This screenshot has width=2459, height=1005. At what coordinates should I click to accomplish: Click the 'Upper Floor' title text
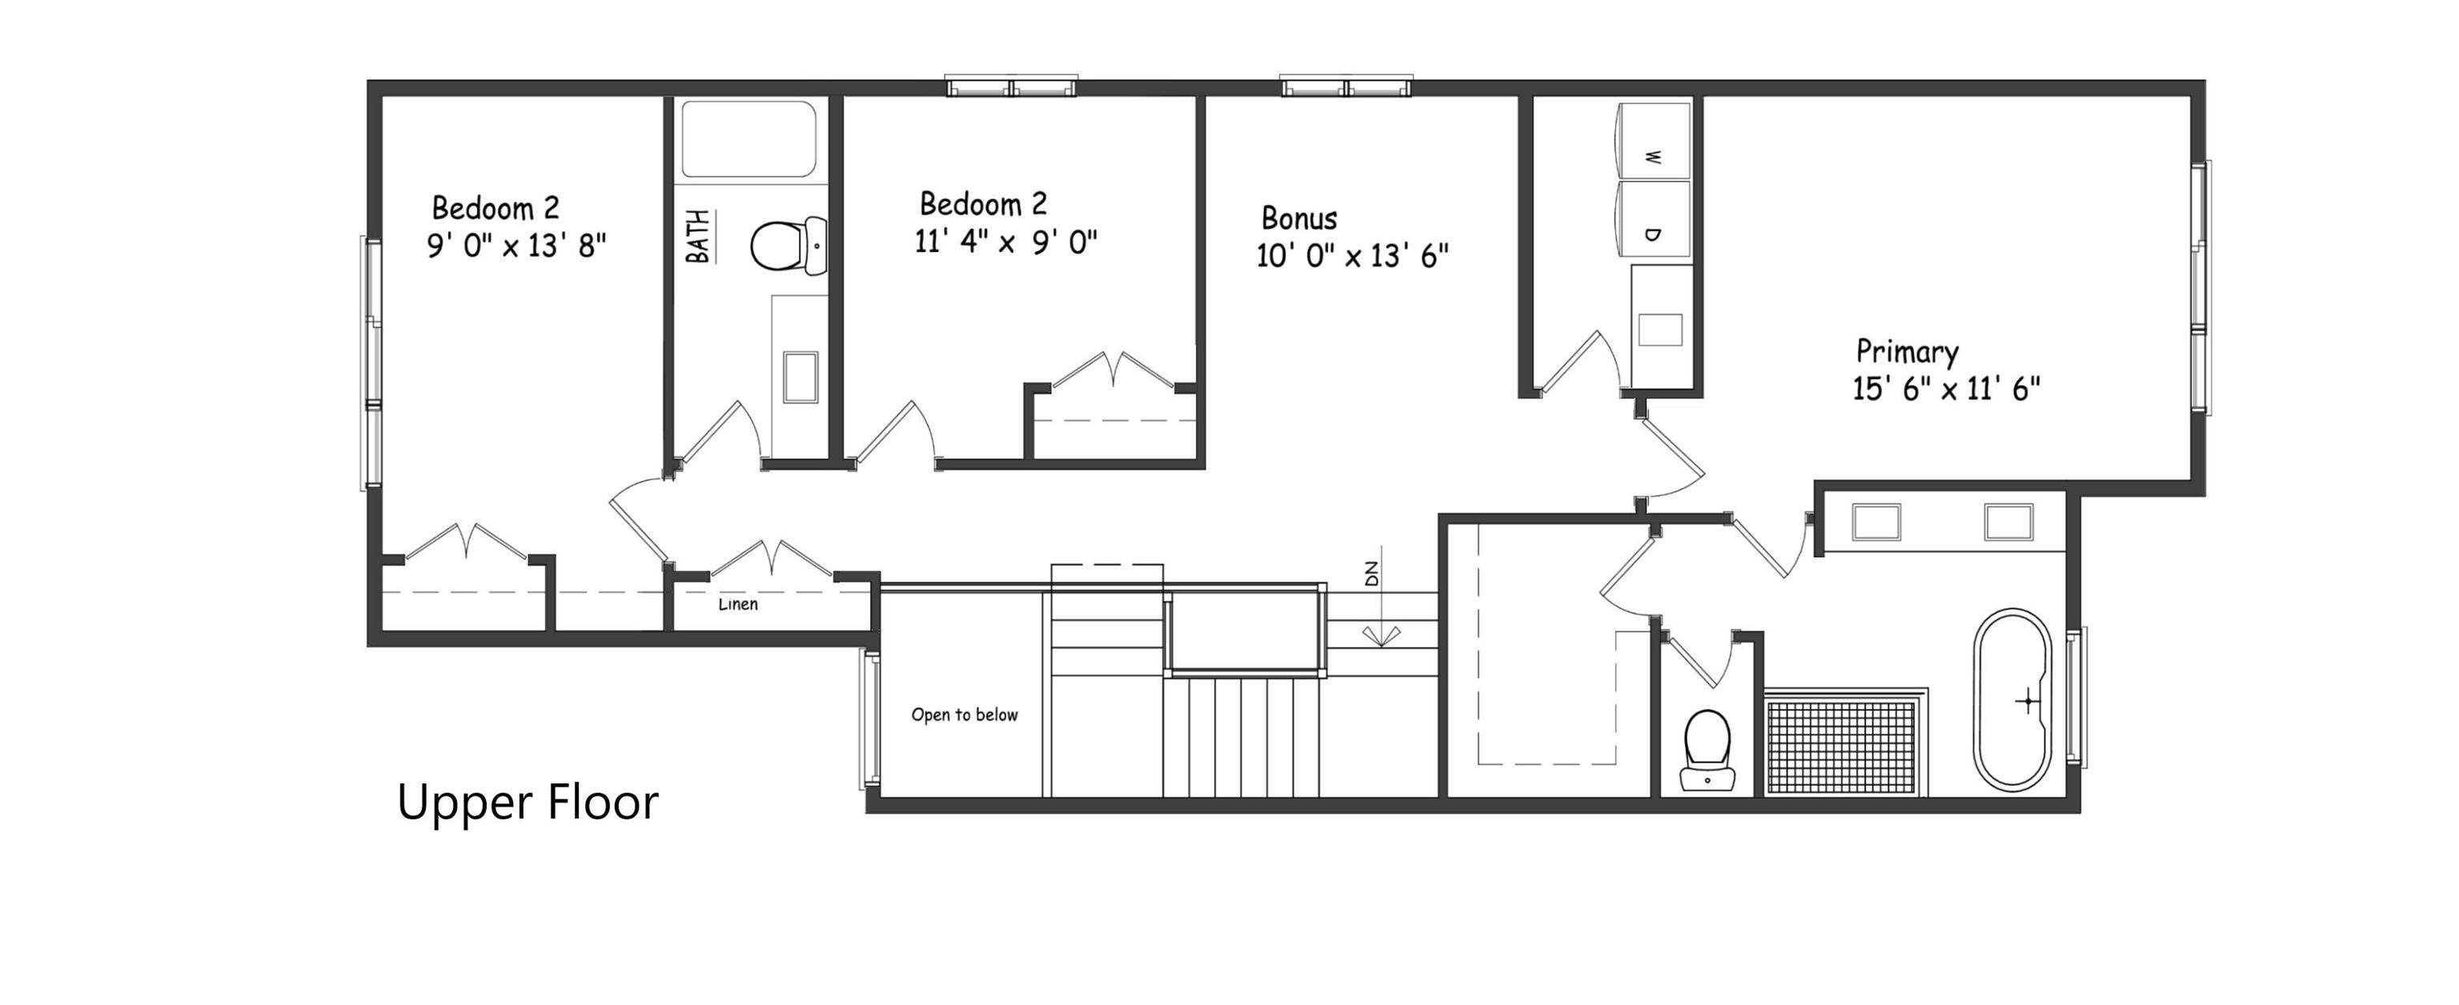point(527,802)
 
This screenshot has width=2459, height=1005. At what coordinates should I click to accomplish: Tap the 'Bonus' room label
point(1298,218)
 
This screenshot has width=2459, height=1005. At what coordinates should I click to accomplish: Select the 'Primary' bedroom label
point(1907,352)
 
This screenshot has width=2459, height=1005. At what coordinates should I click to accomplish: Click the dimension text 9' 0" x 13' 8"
point(516,246)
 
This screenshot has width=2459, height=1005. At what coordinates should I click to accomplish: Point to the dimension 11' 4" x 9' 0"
point(1006,242)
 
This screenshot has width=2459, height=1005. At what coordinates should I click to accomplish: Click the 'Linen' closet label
point(738,604)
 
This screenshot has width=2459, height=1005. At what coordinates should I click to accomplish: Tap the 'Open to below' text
point(964,715)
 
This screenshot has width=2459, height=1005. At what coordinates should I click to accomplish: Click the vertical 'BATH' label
point(699,237)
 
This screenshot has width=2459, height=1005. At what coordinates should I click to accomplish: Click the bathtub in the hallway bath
point(748,139)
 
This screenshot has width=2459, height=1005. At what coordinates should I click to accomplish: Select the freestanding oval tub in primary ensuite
point(2012,699)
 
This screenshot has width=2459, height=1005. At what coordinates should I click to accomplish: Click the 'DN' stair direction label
point(1372,575)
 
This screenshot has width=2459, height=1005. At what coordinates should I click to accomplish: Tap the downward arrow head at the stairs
point(1382,638)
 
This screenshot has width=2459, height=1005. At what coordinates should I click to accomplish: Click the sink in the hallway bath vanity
point(800,376)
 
